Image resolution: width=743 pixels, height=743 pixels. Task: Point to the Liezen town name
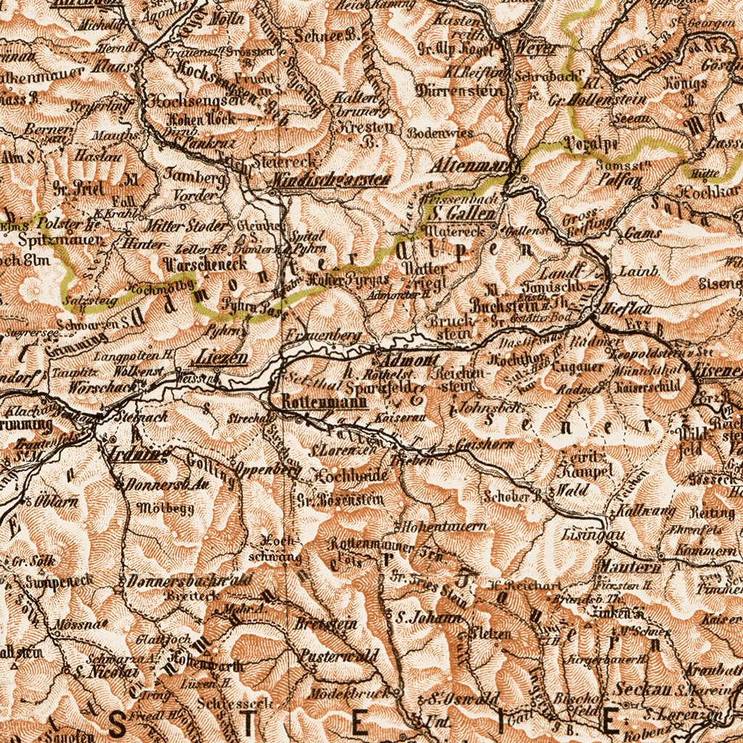click(221, 358)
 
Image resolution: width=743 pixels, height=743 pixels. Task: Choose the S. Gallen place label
click(461, 213)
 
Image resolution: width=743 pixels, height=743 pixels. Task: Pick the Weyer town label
click(538, 48)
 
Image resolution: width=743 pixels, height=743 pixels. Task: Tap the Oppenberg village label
click(268, 470)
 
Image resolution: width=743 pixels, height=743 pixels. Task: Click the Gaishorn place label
click(485, 444)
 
